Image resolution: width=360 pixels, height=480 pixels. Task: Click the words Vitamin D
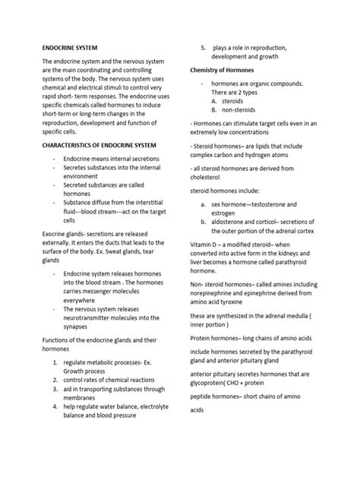click(207, 243)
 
